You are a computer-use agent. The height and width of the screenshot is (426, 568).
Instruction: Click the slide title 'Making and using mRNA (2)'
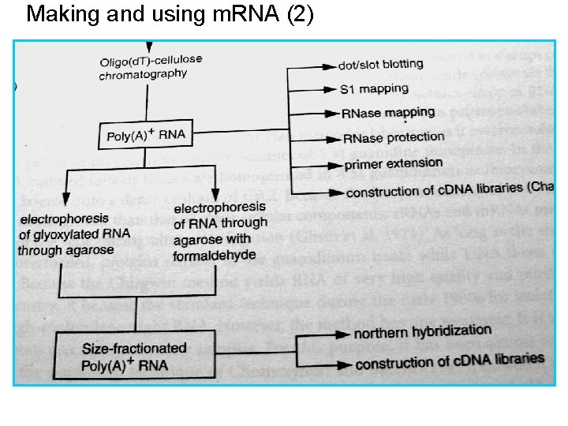click(x=170, y=14)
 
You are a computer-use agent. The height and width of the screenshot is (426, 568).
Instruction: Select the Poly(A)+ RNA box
click(x=146, y=134)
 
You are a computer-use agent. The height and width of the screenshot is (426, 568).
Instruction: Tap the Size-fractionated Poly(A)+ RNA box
click(x=134, y=356)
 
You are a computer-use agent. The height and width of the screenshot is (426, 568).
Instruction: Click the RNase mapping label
click(x=388, y=113)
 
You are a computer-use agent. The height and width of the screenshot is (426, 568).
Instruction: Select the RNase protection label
click(x=394, y=137)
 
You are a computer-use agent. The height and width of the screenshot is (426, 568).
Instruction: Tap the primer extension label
click(x=394, y=163)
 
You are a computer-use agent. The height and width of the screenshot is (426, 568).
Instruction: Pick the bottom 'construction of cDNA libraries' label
click(x=450, y=361)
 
